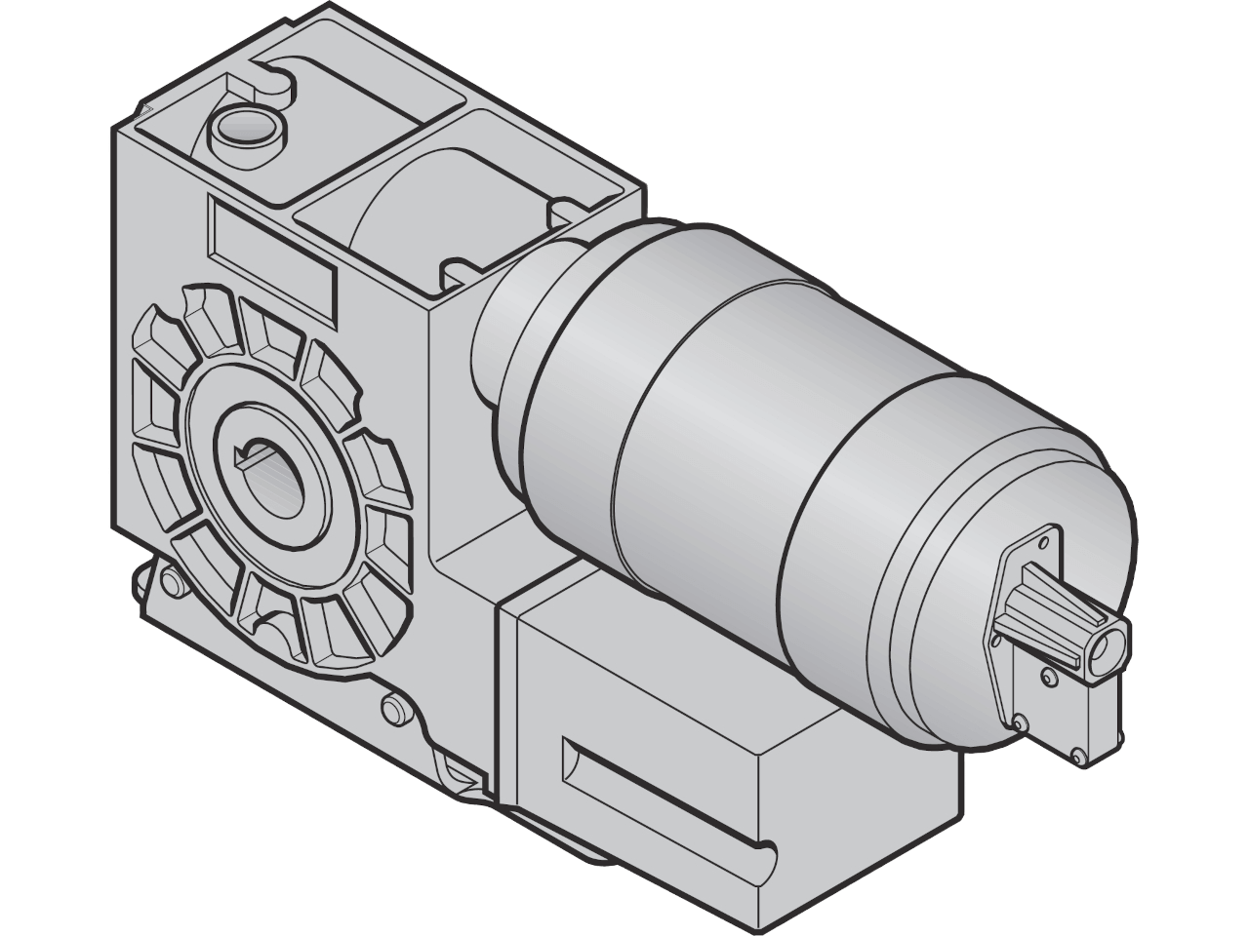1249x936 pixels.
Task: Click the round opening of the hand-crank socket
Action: click(1107, 647)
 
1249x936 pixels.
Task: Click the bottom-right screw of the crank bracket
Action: click(1078, 753)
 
